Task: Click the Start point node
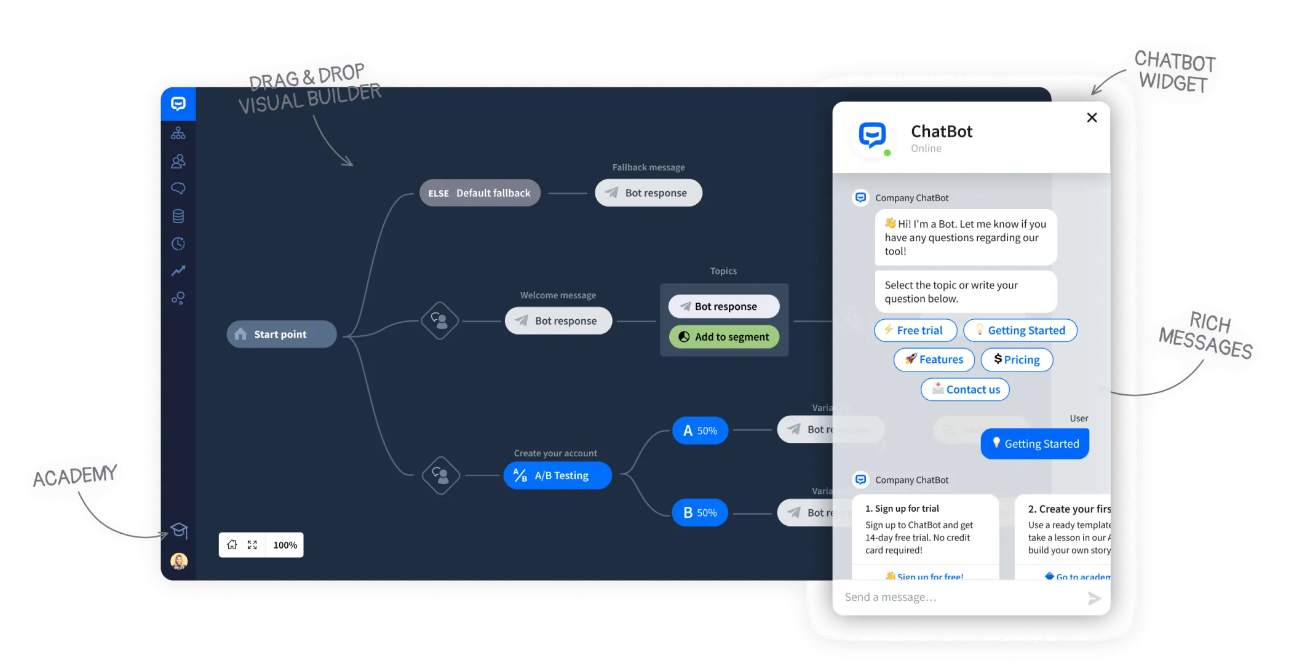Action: point(281,334)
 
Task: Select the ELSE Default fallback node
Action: point(480,193)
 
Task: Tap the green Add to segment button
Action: point(724,336)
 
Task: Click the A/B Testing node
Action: point(557,475)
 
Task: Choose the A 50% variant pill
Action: point(700,431)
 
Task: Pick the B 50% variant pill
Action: point(700,512)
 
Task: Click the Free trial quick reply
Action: point(915,330)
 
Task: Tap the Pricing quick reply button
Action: point(1017,360)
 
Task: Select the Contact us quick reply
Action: point(965,389)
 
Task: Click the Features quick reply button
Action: point(934,360)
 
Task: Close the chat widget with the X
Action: point(1092,117)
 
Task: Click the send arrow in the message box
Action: point(1094,598)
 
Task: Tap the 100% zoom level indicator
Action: point(285,545)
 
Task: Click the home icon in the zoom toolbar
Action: point(232,545)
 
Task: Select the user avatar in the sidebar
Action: point(179,560)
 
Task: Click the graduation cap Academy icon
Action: point(179,530)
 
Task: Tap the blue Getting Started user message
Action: point(1034,443)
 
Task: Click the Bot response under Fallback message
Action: point(648,193)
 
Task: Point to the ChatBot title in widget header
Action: point(941,132)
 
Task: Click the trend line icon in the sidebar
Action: point(178,271)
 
